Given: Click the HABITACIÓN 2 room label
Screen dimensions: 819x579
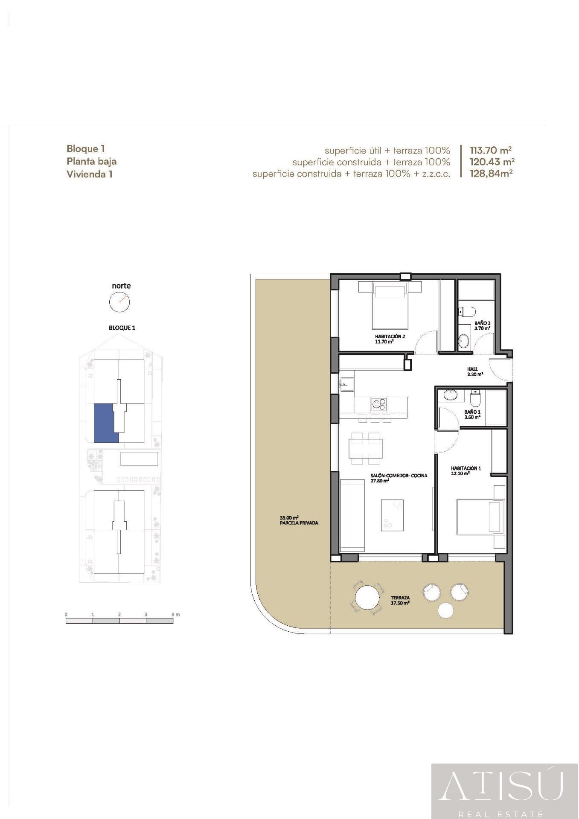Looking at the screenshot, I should pyautogui.click(x=390, y=339).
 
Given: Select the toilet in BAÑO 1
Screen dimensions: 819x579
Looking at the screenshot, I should pyautogui.click(x=475, y=399).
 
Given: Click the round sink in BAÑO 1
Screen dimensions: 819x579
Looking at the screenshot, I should pyautogui.click(x=450, y=395).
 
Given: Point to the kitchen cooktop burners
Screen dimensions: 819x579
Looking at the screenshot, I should pyautogui.click(x=378, y=403).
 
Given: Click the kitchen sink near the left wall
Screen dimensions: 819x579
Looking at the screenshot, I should pyautogui.click(x=347, y=383).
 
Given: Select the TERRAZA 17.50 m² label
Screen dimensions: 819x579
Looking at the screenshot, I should pyautogui.click(x=400, y=600).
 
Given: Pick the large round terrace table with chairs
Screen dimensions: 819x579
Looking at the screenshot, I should pyautogui.click(x=367, y=598).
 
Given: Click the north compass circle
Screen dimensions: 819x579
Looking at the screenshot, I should pyautogui.click(x=119, y=302).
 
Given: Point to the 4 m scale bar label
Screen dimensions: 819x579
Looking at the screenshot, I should pyautogui.click(x=175, y=614).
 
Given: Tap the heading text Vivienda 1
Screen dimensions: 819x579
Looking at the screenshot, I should pyautogui.click(x=89, y=174).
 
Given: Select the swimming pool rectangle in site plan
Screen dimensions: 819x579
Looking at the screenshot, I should pyautogui.click(x=139, y=459).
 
